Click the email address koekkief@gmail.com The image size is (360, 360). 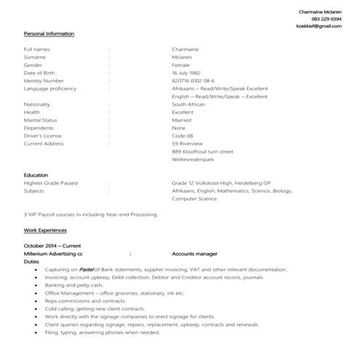click(x=319, y=26)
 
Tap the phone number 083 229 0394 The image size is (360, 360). click(x=326, y=19)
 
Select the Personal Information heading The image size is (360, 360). click(x=49, y=34)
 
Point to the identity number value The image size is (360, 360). click(x=193, y=81)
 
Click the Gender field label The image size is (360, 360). click(x=33, y=65)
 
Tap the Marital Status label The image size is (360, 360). click(x=40, y=120)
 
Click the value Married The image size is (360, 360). click(x=183, y=120)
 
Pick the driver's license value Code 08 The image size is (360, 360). click(x=183, y=136)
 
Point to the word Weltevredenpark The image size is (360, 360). click(x=194, y=160)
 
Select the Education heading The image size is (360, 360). click(x=36, y=175)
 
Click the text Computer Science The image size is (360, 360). click(x=194, y=199)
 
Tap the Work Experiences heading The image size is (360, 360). click(x=45, y=230)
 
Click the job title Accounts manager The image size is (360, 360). click(x=195, y=254)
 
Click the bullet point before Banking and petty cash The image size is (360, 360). click(x=36, y=285)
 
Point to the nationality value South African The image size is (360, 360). click(x=188, y=104)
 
